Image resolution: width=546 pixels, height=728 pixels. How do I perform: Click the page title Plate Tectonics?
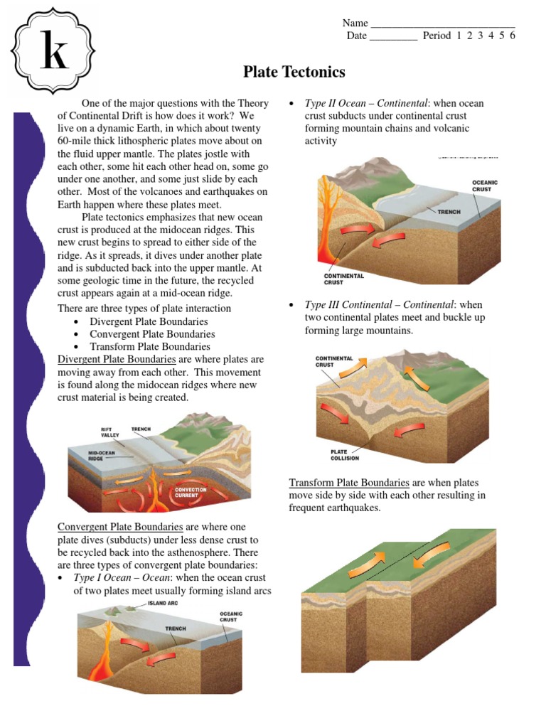(294, 72)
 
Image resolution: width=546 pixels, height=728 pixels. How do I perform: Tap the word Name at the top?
(355, 23)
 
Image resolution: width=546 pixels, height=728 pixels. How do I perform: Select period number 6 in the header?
(512, 36)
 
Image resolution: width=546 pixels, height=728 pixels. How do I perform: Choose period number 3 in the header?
(480, 36)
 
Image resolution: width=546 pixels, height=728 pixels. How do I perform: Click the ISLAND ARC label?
(163, 603)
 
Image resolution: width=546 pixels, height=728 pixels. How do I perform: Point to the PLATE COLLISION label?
(345, 454)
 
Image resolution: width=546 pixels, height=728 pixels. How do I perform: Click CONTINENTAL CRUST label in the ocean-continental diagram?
(344, 279)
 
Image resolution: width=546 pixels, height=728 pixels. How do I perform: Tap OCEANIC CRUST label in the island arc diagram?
(230, 616)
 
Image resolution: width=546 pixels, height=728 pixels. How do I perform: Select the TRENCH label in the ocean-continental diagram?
(449, 212)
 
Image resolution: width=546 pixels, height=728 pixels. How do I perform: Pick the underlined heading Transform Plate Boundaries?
(349, 482)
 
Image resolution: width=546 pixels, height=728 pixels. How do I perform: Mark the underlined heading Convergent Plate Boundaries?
(120, 527)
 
